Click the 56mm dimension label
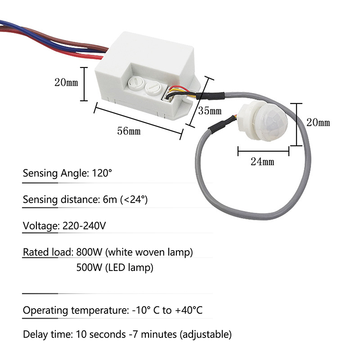[129, 131]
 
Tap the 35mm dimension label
[210, 110]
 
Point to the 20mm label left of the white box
[66, 82]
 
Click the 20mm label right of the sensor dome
[318, 122]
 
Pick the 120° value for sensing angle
[102, 173]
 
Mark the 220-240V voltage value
[82, 225]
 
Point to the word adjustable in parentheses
[209, 334]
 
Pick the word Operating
[43, 311]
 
